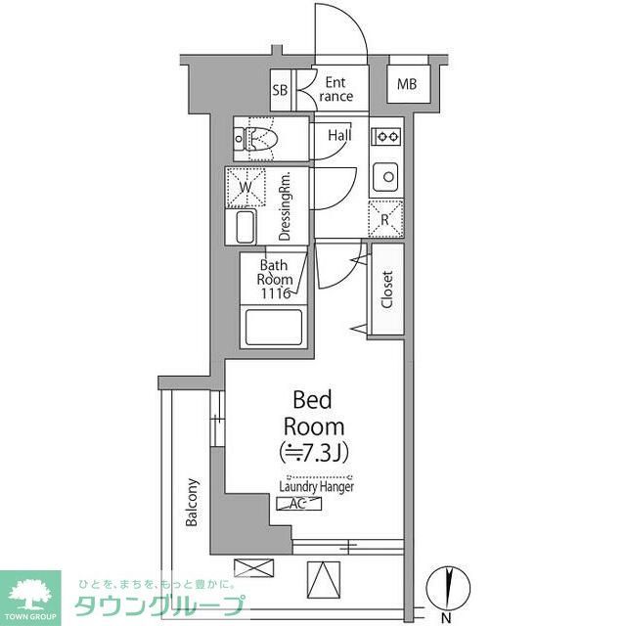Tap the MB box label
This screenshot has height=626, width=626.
[x=407, y=84]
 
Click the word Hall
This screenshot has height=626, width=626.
[x=339, y=135]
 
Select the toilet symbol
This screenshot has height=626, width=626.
[x=256, y=140]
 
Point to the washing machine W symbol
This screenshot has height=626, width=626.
[x=246, y=187]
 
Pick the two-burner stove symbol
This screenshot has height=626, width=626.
[x=387, y=135]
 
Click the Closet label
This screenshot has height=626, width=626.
[x=387, y=291]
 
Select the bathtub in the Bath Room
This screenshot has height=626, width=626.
[x=274, y=327]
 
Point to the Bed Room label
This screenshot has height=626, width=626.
[x=313, y=413]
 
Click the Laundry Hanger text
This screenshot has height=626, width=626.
[x=316, y=486]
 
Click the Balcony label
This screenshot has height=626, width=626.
[x=193, y=503]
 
